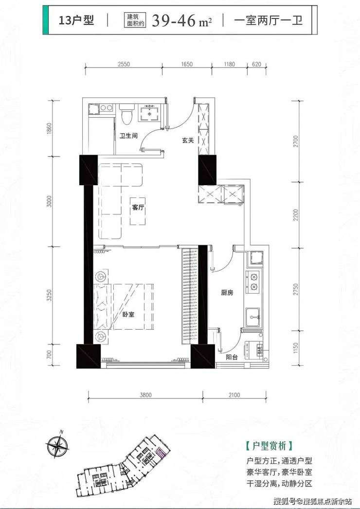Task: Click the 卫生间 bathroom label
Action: click(128, 135)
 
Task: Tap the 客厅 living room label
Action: click(138, 208)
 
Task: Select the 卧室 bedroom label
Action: click(128, 314)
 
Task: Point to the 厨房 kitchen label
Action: click(227, 293)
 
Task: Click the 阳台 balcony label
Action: click(232, 357)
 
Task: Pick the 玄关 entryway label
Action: click(188, 140)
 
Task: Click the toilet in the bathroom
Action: click(126, 114)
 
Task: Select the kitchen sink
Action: click(253, 317)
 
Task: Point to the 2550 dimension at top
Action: click(124, 64)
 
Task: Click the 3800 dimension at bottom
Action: click(145, 395)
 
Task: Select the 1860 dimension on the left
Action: click(50, 129)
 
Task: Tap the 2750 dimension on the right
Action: click(295, 289)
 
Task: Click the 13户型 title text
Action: click(76, 20)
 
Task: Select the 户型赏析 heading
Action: click(270, 446)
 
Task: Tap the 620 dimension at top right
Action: click(256, 64)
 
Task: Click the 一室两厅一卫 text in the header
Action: click(269, 20)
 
